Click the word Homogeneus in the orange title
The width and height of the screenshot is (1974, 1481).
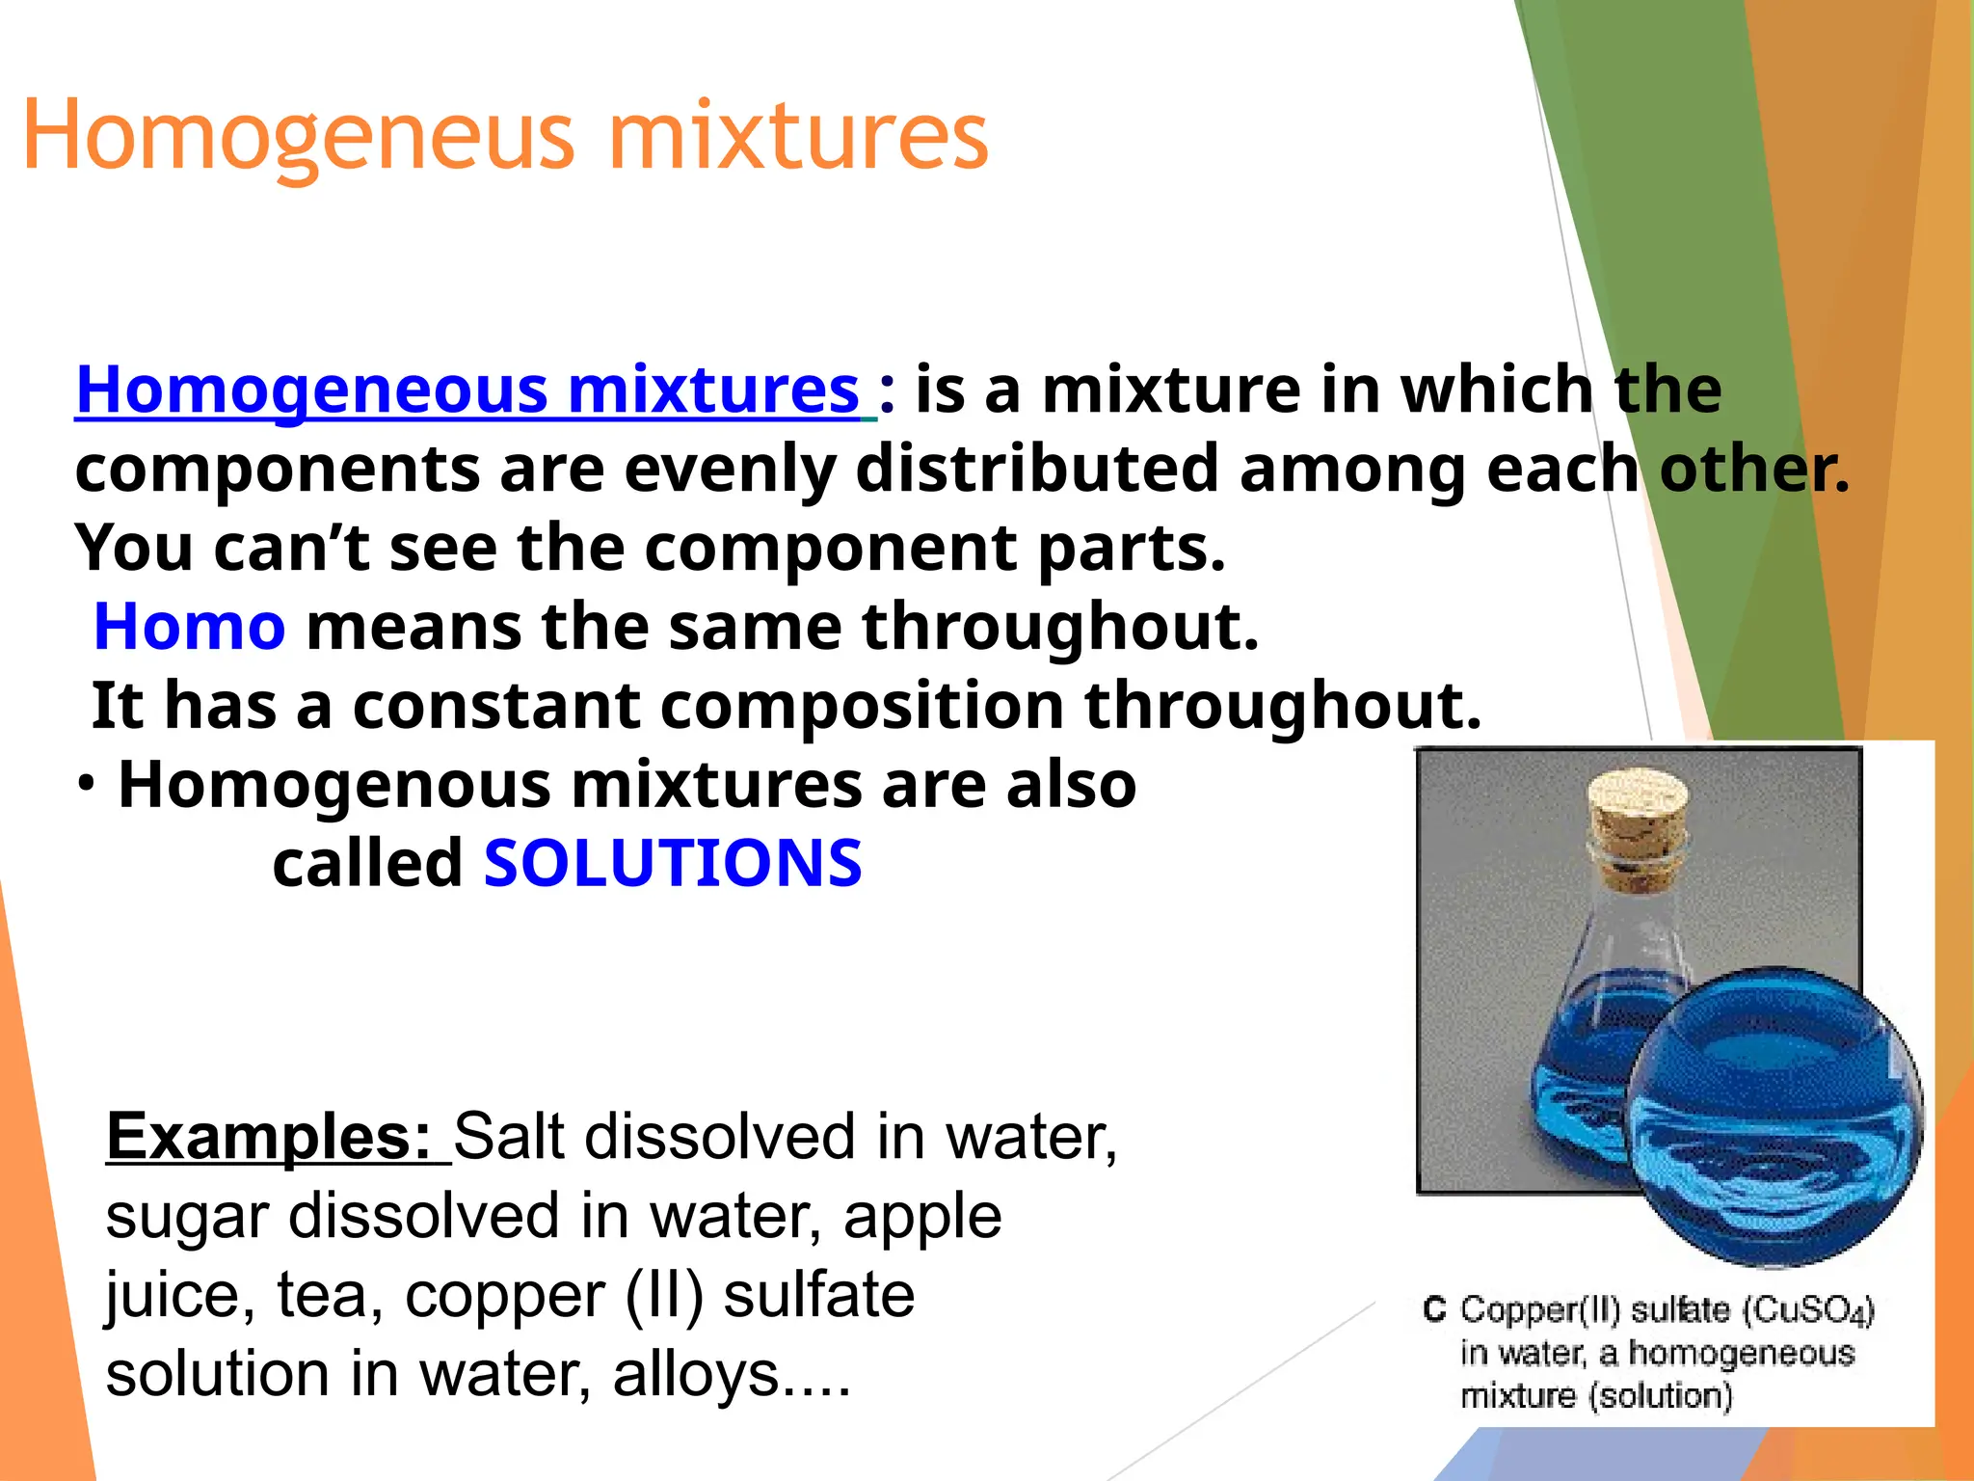point(299,137)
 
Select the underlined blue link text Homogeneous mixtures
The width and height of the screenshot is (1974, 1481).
point(467,390)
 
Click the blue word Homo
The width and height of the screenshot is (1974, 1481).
point(190,627)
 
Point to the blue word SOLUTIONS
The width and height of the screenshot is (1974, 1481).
point(673,863)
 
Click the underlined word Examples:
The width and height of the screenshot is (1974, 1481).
point(269,1137)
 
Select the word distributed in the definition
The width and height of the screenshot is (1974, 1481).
point(1037,470)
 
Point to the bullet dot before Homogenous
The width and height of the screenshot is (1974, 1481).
point(87,785)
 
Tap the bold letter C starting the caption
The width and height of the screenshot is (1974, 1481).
point(1434,1309)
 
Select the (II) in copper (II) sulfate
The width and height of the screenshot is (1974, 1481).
point(664,1295)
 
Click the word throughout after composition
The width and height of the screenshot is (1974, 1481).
point(1282,706)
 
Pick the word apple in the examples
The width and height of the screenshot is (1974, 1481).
point(922,1216)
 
